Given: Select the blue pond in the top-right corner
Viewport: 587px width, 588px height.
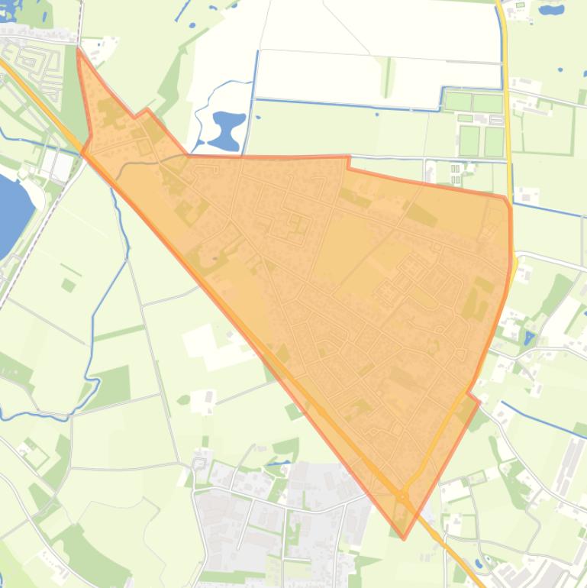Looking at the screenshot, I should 551,10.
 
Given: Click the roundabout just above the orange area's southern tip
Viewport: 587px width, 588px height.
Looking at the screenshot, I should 402,497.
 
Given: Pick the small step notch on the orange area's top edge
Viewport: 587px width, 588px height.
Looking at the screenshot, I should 349,163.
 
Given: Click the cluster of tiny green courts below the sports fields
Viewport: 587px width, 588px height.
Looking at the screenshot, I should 456,173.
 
